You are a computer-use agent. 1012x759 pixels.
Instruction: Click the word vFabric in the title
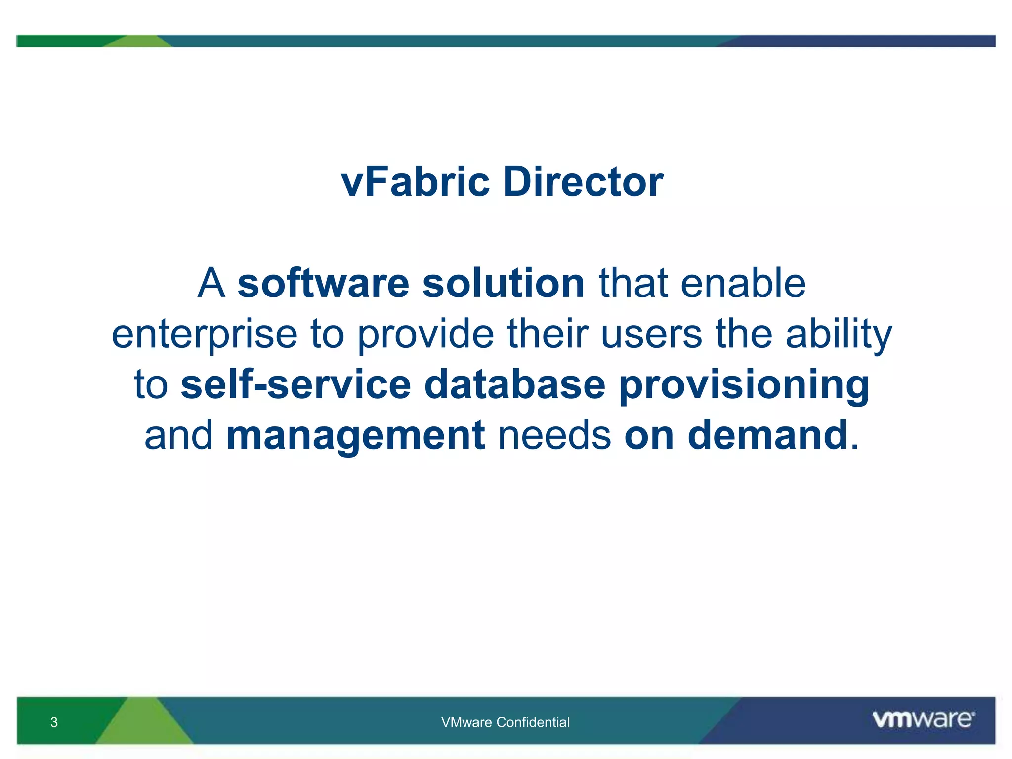point(415,182)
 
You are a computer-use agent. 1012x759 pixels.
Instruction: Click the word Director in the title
point(583,182)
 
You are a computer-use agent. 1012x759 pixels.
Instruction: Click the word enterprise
point(204,335)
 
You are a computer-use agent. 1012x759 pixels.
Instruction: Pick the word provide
point(425,335)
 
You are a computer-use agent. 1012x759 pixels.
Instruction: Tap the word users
point(651,335)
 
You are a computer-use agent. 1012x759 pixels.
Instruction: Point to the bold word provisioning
point(744,385)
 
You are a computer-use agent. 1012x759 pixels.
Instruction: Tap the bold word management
point(355,436)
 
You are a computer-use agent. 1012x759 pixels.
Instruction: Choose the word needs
point(554,436)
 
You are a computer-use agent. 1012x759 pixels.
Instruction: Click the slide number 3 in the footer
point(54,722)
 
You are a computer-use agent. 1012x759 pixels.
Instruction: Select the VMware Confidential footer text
point(505,722)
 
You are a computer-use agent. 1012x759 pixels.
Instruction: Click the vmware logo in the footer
point(923,719)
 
